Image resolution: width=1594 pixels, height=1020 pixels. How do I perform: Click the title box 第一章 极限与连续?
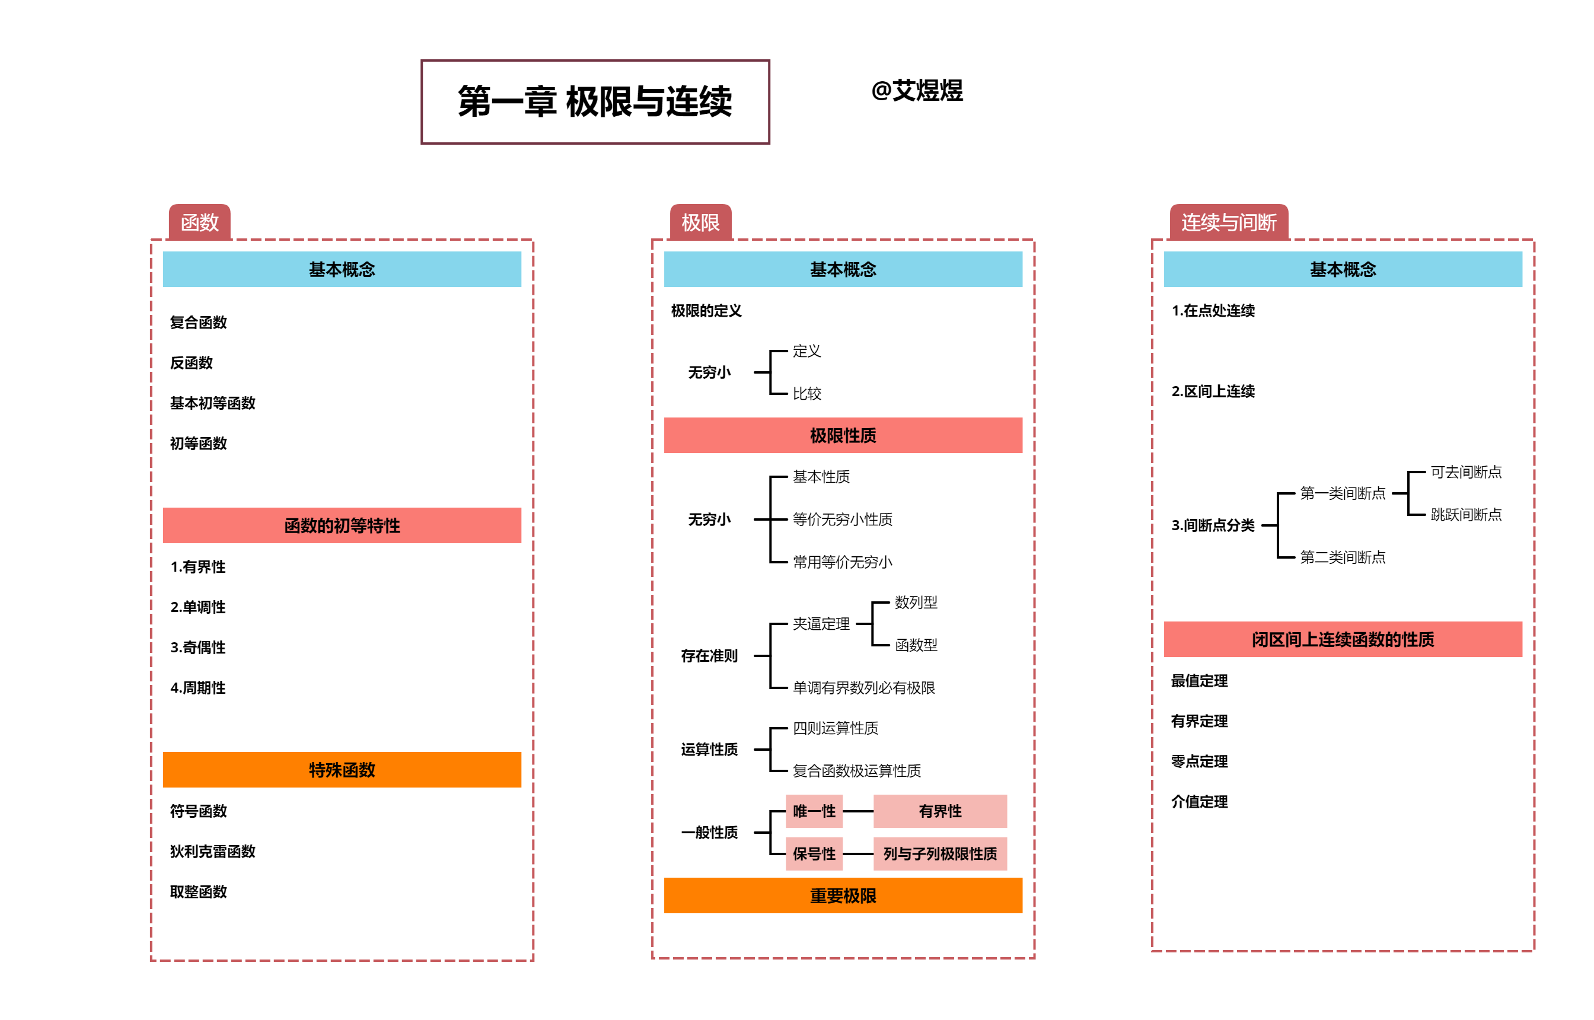click(x=595, y=102)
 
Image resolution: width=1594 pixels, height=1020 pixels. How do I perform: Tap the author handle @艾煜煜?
click(x=917, y=91)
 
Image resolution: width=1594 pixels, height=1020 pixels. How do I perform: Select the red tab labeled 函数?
click(x=199, y=222)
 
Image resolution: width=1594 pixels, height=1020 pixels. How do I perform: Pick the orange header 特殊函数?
click(x=342, y=770)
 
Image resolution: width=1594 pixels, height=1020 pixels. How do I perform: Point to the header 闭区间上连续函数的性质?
click(x=1343, y=639)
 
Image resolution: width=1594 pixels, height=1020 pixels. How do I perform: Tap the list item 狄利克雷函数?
click(x=212, y=851)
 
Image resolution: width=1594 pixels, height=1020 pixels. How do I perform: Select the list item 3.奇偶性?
click(x=198, y=647)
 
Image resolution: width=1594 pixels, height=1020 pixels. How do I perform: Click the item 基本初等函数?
click(x=212, y=403)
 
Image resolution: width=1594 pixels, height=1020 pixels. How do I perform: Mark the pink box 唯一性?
click(x=814, y=811)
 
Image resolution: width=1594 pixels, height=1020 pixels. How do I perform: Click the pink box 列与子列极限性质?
click(x=940, y=854)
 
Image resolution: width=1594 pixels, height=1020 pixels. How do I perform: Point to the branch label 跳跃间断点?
click(x=1465, y=515)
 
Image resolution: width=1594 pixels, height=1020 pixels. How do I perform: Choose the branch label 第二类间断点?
click(x=1343, y=557)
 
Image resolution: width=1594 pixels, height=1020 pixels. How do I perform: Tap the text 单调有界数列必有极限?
click(x=863, y=687)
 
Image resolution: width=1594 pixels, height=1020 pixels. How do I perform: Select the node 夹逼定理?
click(x=821, y=624)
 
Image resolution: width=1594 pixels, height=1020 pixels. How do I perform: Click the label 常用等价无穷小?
click(x=842, y=562)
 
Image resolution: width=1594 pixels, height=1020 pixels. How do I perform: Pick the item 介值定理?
click(x=1198, y=801)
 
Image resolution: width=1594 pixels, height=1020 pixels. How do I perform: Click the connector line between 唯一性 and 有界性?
click(x=858, y=811)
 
